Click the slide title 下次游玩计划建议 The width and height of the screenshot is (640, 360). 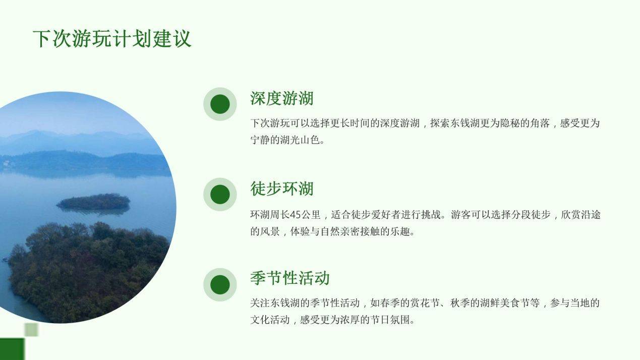(112, 38)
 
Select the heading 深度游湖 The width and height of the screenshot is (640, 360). (282, 98)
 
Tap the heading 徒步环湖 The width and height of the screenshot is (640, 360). (282, 189)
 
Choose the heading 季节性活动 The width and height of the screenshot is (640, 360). (289, 278)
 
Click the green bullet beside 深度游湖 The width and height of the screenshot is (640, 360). (220, 104)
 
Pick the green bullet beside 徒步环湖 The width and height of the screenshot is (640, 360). (220, 194)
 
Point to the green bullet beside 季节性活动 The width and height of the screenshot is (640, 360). (220, 284)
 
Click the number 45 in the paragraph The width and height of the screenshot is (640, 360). (296, 215)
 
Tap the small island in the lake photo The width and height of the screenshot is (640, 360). (93, 202)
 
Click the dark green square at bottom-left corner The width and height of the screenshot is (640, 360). (12, 349)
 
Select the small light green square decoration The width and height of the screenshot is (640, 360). (31, 330)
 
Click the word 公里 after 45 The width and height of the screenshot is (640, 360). (311, 215)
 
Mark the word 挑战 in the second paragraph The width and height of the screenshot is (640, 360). (431, 215)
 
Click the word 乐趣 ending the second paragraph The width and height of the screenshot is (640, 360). (400, 231)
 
